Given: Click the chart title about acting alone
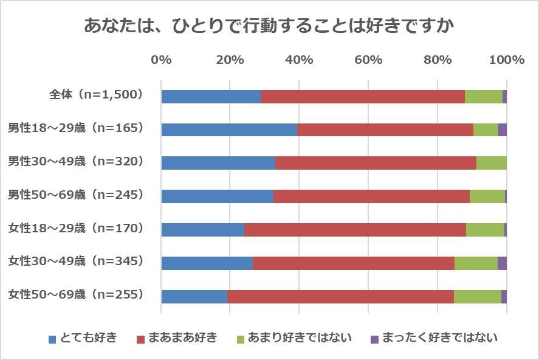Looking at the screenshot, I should point(269,27).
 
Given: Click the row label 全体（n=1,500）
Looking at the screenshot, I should point(95,94).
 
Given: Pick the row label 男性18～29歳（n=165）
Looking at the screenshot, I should point(75,128).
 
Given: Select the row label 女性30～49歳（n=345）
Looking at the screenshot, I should point(75,261).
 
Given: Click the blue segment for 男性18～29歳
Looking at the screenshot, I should point(229,130).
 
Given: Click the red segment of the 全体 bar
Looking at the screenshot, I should point(362,96).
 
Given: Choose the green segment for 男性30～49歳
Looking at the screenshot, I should point(491,163).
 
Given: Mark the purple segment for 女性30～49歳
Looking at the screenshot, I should point(502,263).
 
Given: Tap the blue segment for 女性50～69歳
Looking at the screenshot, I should point(194,296).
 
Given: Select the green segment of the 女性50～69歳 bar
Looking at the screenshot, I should point(477,296).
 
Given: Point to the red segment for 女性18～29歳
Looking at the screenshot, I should point(355,229).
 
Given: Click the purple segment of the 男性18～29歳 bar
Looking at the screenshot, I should point(502,130).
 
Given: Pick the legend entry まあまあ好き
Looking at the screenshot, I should point(176,338).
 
